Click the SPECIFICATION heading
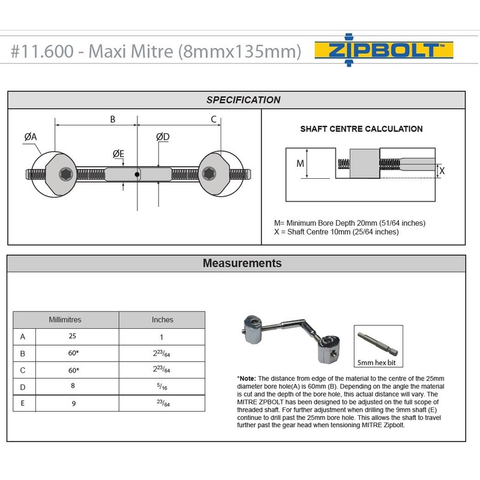tap(243, 100)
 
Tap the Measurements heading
tap(242, 263)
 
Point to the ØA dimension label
tap(31, 137)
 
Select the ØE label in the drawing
tap(119, 155)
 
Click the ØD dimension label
tap(163, 137)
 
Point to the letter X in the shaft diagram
tap(442, 170)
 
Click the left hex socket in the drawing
tap(64, 175)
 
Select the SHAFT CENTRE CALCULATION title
tap(361, 129)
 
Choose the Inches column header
tap(162, 320)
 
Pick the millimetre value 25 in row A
tap(73, 337)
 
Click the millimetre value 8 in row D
tap(73, 386)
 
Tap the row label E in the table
tap(23, 403)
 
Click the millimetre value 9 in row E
tap(73, 403)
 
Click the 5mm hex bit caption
tap(376, 362)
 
